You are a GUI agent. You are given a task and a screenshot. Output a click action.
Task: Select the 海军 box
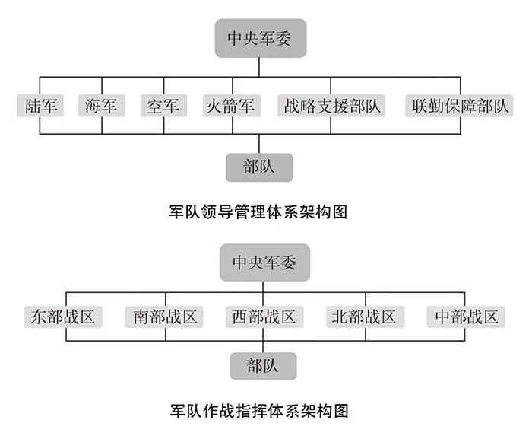102,105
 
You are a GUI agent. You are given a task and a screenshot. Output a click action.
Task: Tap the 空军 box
163,105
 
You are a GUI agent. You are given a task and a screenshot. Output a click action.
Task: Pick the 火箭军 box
232,105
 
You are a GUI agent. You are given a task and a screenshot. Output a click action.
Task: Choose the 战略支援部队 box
331,105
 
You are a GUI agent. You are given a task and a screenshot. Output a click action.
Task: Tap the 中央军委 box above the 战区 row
263,263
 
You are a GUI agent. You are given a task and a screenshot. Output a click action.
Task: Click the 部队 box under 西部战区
263,365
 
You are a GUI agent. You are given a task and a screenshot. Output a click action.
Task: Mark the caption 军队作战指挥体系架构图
259,412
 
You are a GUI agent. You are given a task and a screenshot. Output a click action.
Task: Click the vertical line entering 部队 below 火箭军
259,143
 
